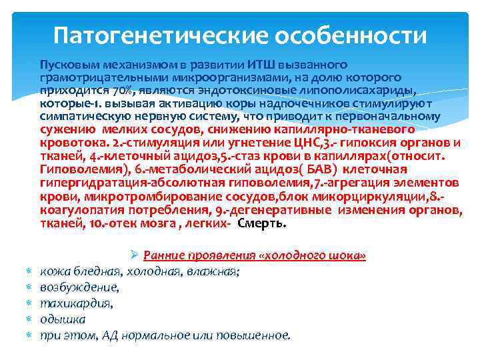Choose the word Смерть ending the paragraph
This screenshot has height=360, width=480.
(262, 223)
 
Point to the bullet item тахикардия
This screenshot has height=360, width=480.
(76, 303)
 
